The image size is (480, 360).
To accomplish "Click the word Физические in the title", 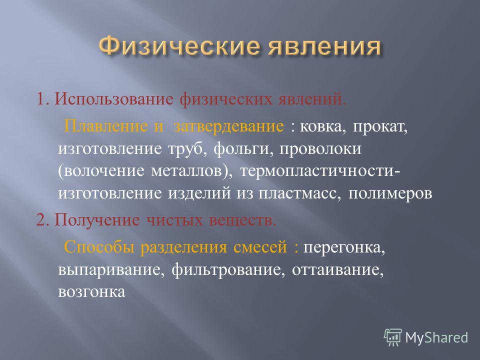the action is tap(179, 47).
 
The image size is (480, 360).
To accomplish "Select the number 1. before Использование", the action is tap(43, 99).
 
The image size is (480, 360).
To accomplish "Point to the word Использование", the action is tap(114, 100).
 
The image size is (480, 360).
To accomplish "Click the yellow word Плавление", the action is tap(105, 126).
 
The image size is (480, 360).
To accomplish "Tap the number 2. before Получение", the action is tap(42, 220).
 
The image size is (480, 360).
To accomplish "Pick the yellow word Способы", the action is tap(99, 246).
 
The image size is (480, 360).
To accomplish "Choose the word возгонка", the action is tap(92, 291).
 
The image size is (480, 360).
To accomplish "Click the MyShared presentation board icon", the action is tap(393, 337).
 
